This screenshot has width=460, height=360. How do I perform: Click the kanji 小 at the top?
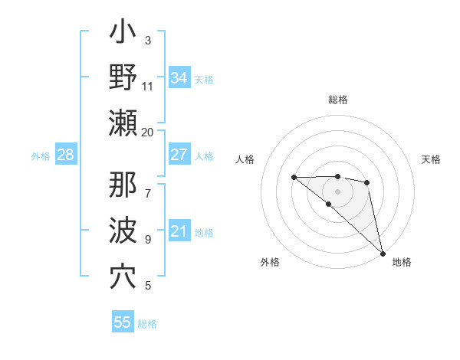pos(123,34)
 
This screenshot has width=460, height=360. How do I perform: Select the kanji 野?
pos(123,78)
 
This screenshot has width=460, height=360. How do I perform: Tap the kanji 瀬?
pos(123,123)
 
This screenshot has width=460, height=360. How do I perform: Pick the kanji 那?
pos(123,185)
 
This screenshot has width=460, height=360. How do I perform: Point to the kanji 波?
pos(123,231)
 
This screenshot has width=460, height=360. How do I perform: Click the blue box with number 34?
pos(179,78)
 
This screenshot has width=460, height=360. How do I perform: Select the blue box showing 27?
pos(179,155)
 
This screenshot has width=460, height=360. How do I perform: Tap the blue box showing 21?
pos(179,231)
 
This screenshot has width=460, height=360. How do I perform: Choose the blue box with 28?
pos(65,155)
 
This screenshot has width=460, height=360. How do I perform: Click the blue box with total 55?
pos(123,322)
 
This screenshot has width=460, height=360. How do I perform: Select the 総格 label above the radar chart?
pos(337,100)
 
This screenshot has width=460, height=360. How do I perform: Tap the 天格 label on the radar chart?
pos(431,159)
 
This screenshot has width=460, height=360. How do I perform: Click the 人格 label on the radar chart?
pos(245,159)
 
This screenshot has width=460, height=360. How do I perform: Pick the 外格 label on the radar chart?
pos(269,262)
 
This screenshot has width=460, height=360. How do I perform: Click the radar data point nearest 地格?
pos(383,253)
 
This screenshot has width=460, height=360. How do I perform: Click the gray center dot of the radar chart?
pos(337,191)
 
